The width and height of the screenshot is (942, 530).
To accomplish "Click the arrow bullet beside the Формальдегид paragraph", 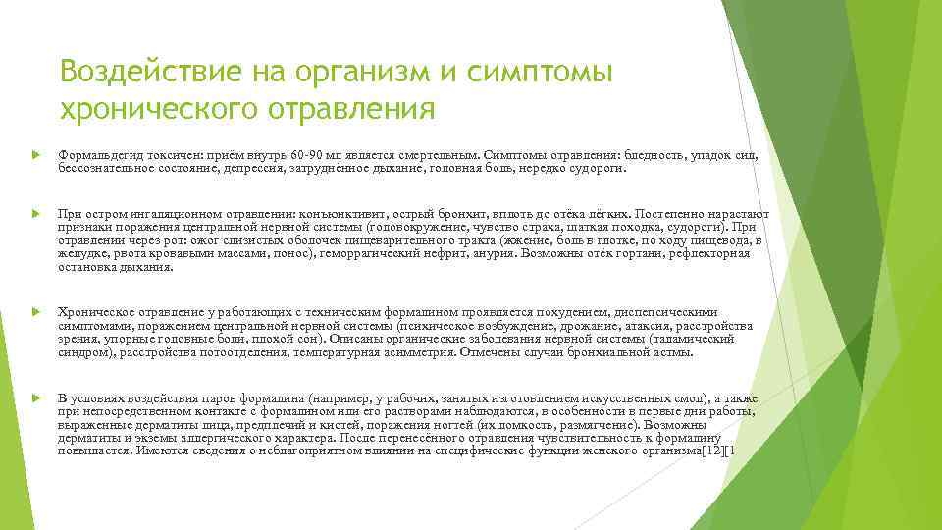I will point(35,156).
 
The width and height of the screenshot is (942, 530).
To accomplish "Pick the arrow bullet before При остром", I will point(35,212).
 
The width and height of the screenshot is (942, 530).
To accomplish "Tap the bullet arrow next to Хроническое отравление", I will point(35,311).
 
